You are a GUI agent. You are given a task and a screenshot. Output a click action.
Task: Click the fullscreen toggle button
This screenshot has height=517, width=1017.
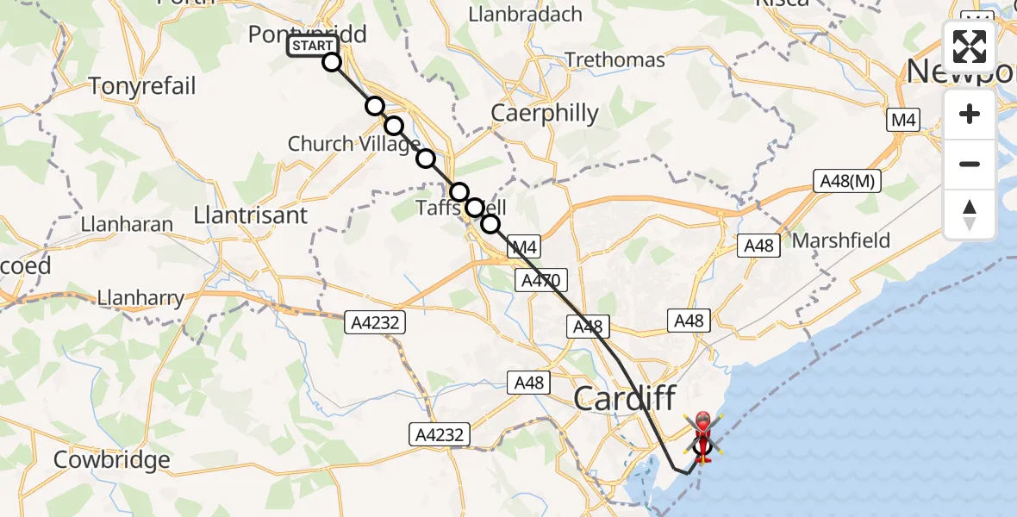970,47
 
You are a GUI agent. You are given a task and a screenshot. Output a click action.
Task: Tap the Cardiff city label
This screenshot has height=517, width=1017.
625,398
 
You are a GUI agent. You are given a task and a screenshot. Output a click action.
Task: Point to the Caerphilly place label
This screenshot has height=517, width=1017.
545,113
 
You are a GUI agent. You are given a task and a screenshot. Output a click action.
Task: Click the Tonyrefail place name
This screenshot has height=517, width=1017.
142,86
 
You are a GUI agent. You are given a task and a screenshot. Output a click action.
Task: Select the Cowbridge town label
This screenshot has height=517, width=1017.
112,460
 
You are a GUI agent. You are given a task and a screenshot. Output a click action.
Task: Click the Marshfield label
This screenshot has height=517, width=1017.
840,240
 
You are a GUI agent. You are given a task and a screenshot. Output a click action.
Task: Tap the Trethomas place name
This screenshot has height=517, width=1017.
615,60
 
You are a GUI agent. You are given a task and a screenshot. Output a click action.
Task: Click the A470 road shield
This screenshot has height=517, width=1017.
541,280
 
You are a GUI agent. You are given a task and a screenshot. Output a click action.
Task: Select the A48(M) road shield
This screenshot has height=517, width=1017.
845,182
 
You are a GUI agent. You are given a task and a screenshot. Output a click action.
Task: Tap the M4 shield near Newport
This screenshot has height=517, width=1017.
903,121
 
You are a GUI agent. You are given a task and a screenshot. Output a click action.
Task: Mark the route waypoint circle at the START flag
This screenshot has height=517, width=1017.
332,62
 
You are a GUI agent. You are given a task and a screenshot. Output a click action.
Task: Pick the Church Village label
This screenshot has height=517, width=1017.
353,144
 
